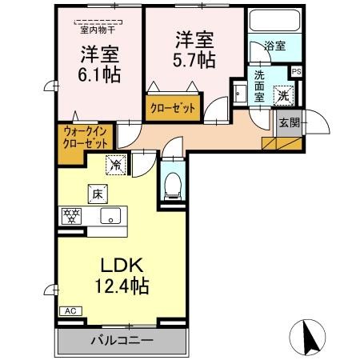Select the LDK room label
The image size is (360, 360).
click(118, 265)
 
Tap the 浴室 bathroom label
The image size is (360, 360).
click(274, 46)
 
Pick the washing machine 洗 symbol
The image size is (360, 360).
click(283, 94)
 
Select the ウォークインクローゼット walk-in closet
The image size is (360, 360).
click(85, 137)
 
